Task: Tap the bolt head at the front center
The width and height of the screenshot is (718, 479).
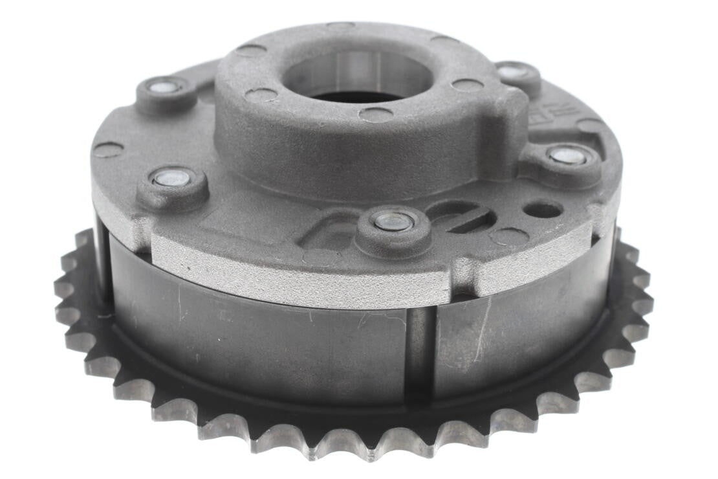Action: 393,222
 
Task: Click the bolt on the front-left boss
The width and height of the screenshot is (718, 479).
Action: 172,178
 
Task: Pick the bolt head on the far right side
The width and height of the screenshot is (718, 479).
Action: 567,155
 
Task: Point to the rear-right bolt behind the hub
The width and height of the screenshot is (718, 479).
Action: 514,72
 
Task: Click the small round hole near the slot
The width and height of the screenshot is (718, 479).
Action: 543,210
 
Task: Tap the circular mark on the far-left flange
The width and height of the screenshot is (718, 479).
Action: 108,150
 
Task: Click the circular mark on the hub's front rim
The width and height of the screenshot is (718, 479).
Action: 376,115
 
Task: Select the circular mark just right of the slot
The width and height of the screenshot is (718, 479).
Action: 509,236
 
